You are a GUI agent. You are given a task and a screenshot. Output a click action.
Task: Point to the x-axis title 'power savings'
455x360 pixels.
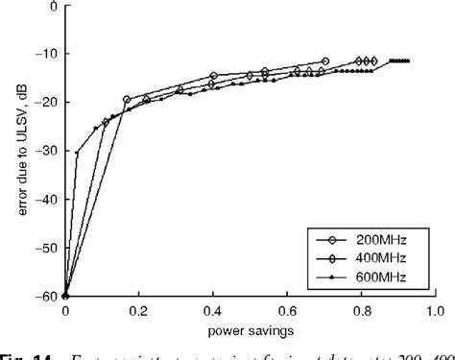pyautogui.click(x=249, y=332)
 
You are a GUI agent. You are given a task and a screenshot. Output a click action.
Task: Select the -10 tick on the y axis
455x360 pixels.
pyautogui.click(x=46, y=54)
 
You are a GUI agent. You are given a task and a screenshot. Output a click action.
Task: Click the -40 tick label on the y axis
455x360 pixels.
pyautogui.click(x=46, y=200)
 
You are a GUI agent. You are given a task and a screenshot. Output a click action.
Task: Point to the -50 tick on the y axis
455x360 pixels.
pyautogui.click(x=46, y=248)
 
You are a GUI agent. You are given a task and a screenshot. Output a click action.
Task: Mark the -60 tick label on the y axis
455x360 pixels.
pyautogui.click(x=46, y=297)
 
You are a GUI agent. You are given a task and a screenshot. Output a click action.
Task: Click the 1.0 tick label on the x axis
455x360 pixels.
pyautogui.click(x=433, y=311)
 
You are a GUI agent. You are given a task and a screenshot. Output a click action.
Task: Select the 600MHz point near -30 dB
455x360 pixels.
pyautogui.click(x=77, y=153)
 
